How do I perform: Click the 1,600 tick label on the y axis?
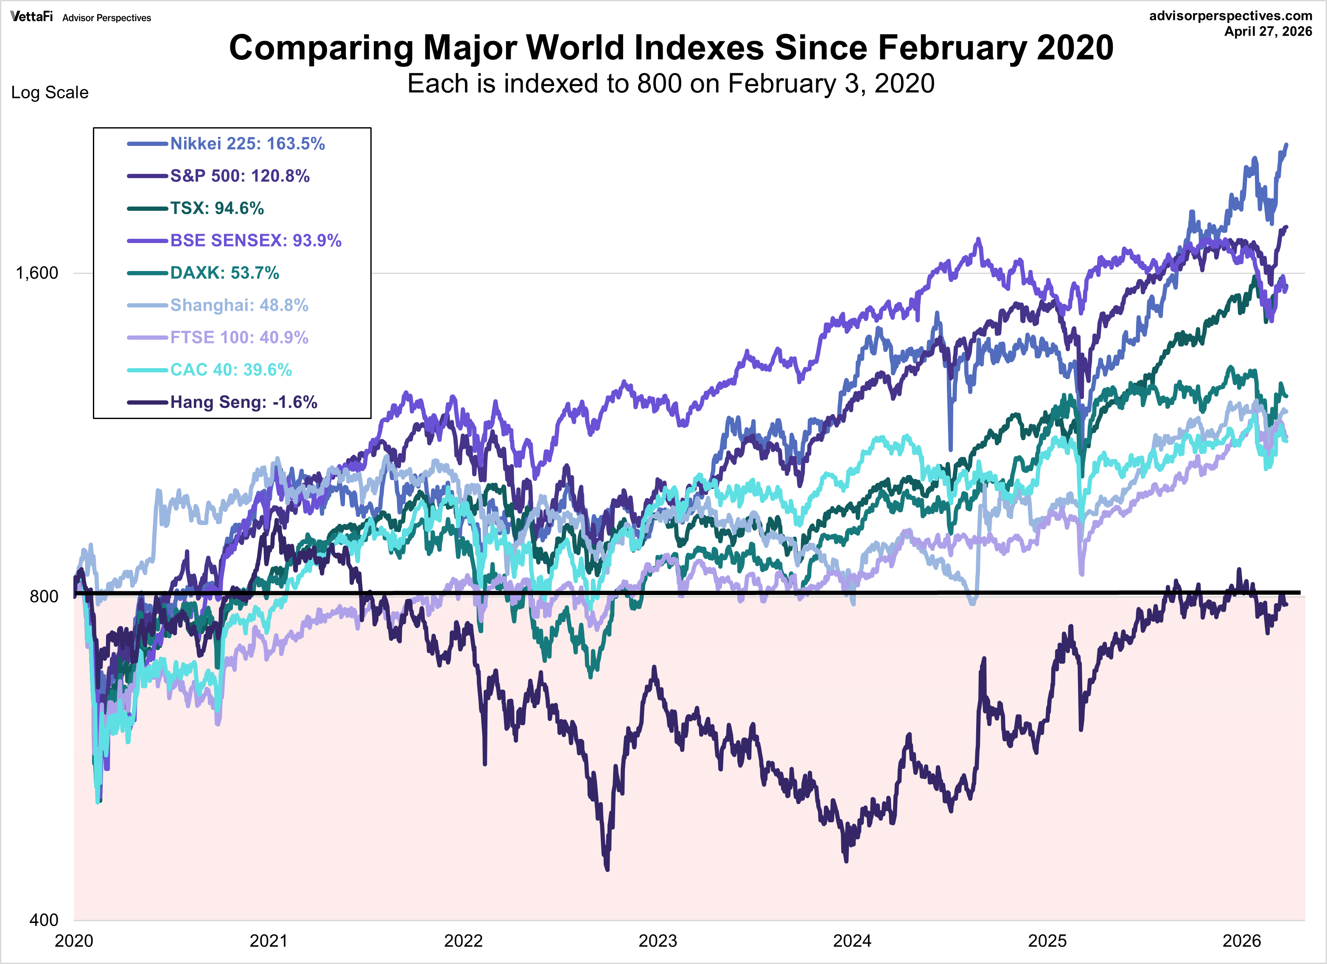click(x=37, y=273)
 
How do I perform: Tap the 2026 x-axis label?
click(x=1242, y=941)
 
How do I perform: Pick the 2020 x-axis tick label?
click(x=74, y=941)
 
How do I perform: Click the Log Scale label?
click(x=50, y=92)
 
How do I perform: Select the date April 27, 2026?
click(x=1268, y=31)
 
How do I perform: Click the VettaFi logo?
click(x=31, y=17)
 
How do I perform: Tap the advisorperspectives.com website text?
click(x=1230, y=16)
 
